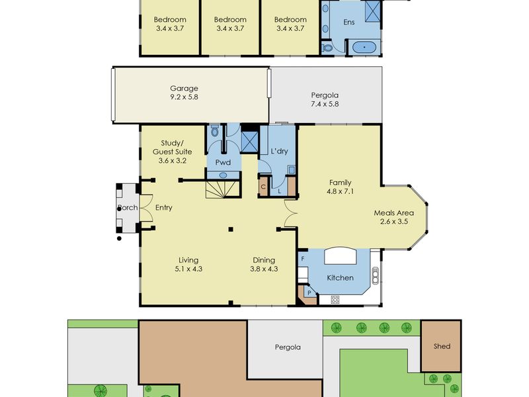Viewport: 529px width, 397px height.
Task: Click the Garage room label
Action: [x=184, y=89]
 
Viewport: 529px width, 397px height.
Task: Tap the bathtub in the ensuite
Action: [x=364, y=47]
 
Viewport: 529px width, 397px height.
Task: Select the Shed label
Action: [x=442, y=346]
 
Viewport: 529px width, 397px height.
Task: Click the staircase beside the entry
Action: [x=222, y=189]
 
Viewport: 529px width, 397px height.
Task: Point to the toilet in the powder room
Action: [x=214, y=130]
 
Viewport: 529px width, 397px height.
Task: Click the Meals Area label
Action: [x=393, y=213]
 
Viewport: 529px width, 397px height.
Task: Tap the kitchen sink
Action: [x=375, y=276]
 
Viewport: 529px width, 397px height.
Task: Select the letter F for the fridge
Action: [x=303, y=259]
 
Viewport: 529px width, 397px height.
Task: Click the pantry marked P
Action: [x=309, y=292]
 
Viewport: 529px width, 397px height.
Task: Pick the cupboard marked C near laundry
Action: [x=263, y=187]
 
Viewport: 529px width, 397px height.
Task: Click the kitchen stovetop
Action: [x=335, y=300]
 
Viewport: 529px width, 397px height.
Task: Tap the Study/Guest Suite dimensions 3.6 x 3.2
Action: [x=173, y=161]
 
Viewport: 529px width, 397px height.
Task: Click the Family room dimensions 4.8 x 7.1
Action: [x=340, y=191]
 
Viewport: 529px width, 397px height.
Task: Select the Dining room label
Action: [x=264, y=260]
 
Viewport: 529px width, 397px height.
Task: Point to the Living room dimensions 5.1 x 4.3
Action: [x=188, y=269]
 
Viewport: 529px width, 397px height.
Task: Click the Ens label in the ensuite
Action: [x=349, y=22]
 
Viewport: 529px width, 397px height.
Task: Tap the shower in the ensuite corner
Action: [x=373, y=11]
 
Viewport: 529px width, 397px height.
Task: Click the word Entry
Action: [x=163, y=208]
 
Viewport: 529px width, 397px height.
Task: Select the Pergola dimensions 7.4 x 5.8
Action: [x=325, y=104]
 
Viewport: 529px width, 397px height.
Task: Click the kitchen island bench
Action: [x=341, y=255]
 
